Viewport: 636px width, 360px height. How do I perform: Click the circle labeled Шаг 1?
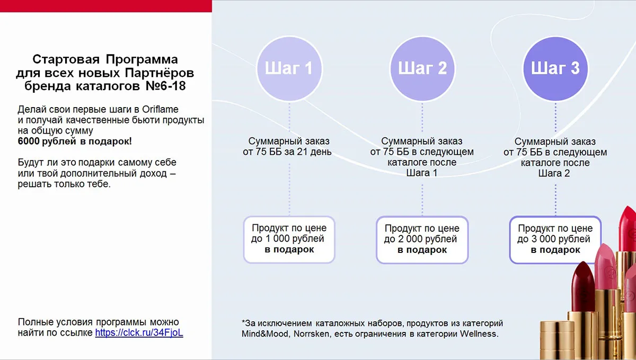(289, 68)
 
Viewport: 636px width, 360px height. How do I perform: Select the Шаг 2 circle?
(422, 68)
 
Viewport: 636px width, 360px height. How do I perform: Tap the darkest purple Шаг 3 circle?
(555, 68)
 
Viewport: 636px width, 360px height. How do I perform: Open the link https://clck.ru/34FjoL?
(139, 332)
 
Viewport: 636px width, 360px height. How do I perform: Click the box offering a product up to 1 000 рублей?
(289, 240)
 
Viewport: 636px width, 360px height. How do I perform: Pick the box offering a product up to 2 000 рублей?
(422, 240)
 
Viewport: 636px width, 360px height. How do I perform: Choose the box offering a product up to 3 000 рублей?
(555, 240)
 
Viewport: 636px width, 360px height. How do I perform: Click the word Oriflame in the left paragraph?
(160, 109)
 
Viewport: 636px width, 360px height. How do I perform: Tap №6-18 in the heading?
(165, 86)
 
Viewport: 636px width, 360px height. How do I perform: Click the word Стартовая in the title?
(66, 59)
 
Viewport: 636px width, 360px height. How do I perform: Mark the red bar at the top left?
(106, 6)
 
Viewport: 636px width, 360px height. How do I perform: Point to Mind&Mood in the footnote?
(265, 333)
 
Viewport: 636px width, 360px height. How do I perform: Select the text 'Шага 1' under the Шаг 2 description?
(422, 173)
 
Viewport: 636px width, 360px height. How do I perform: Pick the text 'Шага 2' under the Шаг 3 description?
(554, 173)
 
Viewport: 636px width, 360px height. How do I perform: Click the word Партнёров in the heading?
(160, 73)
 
